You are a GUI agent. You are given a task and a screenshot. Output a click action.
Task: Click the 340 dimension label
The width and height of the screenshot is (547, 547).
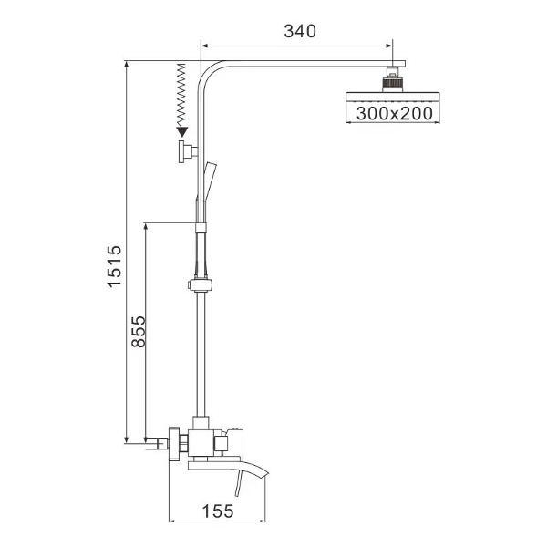pos(300,31)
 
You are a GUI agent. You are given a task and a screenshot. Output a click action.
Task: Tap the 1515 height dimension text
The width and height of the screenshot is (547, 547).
pos(115,266)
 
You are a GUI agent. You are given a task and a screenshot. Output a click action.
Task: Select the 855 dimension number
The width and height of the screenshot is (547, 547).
pos(139,332)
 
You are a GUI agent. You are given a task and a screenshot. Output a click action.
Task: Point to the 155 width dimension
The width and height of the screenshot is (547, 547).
pos(218,511)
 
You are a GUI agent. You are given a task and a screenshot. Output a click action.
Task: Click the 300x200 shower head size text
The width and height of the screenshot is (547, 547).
pos(394,113)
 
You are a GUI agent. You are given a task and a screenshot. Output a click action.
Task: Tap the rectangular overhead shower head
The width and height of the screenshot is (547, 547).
pos(392,97)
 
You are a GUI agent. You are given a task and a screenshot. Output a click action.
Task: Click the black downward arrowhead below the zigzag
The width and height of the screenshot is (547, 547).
pos(182,132)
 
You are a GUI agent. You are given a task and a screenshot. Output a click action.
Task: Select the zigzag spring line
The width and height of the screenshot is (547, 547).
pos(181,95)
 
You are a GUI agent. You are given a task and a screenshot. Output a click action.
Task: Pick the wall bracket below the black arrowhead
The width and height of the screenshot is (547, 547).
pos(188,151)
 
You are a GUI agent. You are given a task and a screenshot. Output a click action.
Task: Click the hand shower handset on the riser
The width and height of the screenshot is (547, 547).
pos(210,181)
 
